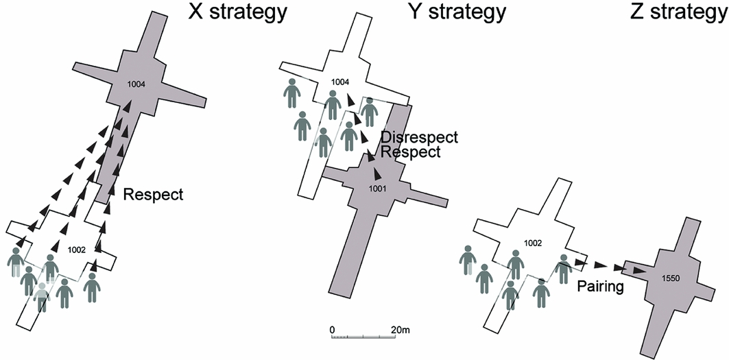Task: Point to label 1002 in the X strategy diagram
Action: [77, 250]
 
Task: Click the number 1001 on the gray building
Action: [378, 189]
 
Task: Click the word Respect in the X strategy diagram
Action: [153, 195]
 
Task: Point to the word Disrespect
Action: [418, 137]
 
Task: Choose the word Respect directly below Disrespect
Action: [410, 152]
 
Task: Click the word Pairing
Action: [599, 286]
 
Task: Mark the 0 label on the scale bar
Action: [332, 330]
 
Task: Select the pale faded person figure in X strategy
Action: [43, 296]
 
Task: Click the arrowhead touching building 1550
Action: [638, 272]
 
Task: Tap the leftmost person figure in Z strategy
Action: [468, 259]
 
